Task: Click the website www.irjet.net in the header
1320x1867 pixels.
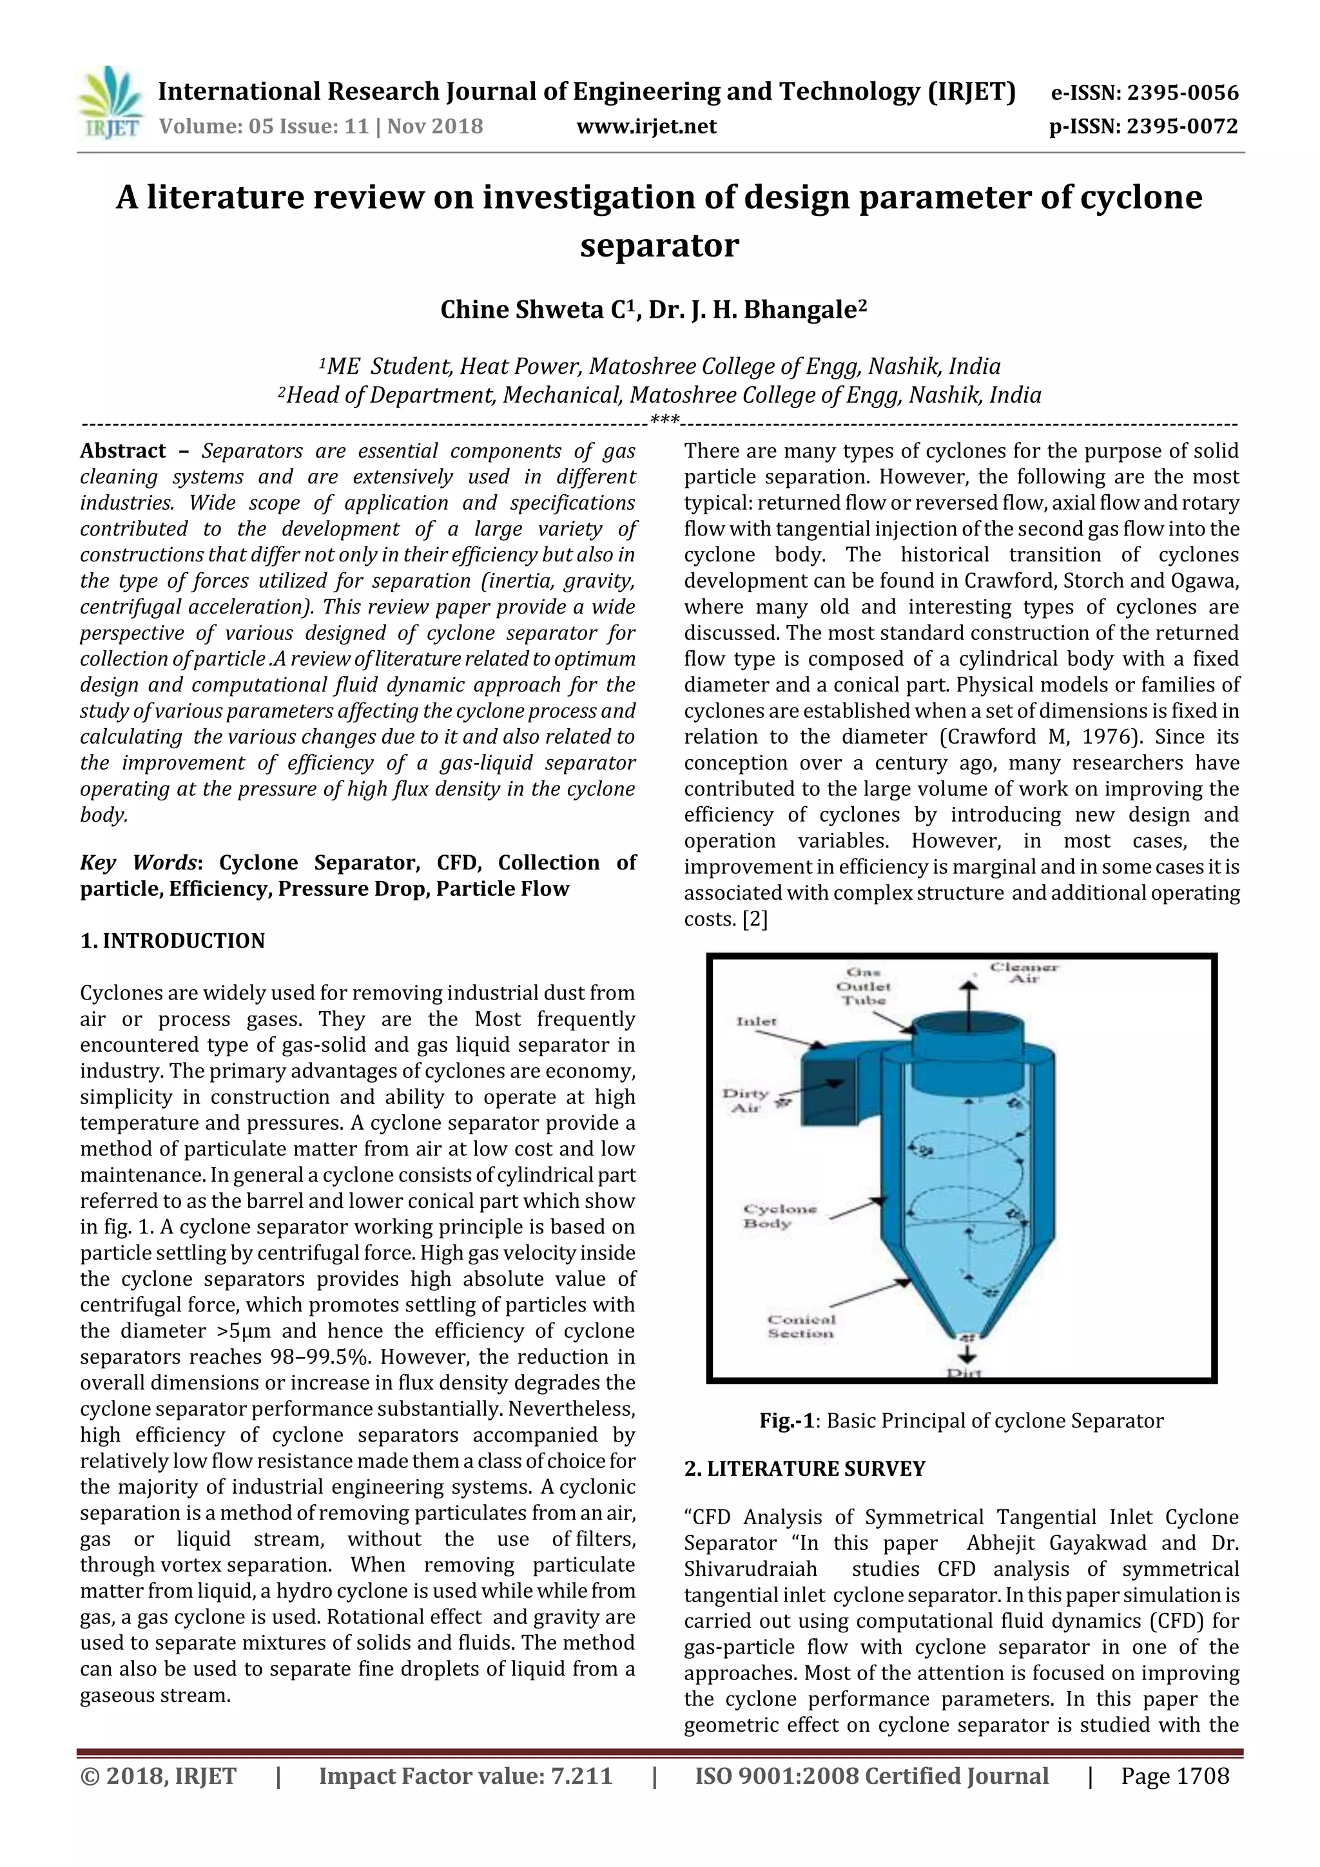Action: [x=646, y=126]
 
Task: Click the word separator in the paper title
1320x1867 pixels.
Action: [x=659, y=245]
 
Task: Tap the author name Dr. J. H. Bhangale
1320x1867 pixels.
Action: [x=757, y=310]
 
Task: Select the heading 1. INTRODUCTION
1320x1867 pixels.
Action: [x=173, y=941]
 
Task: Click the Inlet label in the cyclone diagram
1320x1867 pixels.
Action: [x=757, y=1021]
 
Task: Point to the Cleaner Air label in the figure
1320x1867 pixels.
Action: [x=1023, y=973]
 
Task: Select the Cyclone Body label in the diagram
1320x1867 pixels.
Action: [x=779, y=1217]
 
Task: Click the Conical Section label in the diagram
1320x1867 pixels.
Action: [x=801, y=1326]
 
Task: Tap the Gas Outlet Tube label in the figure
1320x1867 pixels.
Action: [x=866, y=987]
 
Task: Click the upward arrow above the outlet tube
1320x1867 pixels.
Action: [x=967, y=996]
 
